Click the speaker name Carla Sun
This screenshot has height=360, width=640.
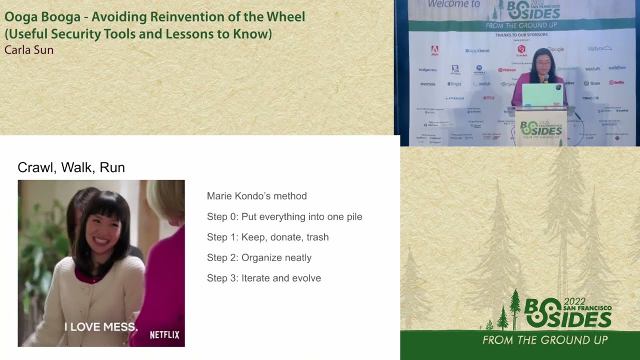29,50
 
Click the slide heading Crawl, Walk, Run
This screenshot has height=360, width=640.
71,167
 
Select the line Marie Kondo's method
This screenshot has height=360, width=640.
256,196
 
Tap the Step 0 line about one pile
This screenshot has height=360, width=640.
284,216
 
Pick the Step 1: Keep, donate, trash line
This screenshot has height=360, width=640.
267,237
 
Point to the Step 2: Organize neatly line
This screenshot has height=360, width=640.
259,257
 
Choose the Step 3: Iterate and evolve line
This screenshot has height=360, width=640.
263,278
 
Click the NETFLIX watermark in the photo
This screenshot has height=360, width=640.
164,335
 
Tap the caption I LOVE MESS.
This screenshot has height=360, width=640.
101,327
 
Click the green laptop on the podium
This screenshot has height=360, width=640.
542,95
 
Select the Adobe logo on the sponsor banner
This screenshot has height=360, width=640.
434,50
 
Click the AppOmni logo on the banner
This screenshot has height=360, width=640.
477,50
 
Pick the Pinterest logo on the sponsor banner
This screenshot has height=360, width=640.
506,70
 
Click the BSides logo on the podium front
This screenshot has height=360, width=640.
540,129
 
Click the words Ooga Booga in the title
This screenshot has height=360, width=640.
42,17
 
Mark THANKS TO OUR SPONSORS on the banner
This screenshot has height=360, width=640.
521,35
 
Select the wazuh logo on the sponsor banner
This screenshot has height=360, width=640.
592,68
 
